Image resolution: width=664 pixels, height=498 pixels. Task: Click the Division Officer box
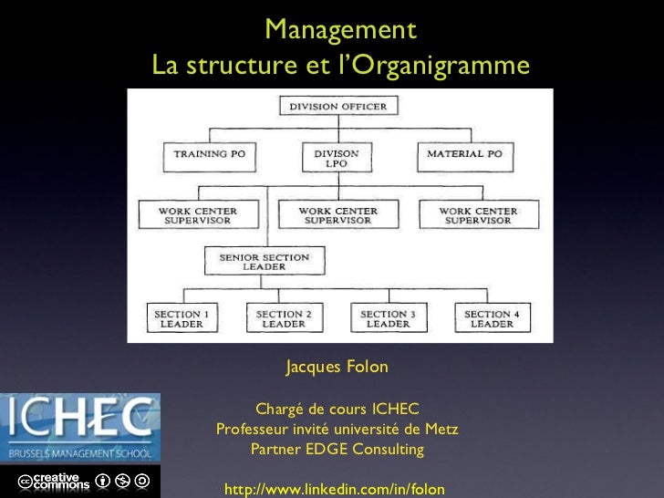pos(337,107)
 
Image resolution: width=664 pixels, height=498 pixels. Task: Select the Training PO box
pos(210,155)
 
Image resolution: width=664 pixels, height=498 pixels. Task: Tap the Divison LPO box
pos(337,158)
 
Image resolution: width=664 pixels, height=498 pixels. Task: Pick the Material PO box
pos(464,155)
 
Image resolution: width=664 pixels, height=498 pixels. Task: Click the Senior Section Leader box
pos(265,262)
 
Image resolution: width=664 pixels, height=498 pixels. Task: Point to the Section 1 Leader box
pos(182,318)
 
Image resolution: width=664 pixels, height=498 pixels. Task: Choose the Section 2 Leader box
pos(284,318)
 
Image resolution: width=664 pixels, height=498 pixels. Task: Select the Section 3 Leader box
pos(389,318)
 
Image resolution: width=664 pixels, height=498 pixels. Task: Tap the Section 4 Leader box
pos(492,318)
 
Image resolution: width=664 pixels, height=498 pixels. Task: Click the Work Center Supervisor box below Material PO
pos(478,215)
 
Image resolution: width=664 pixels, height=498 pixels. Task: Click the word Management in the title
pos(340,31)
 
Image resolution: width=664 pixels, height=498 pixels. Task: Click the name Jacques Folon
pos(337,367)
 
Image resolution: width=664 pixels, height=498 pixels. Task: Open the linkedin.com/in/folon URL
pos(334,490)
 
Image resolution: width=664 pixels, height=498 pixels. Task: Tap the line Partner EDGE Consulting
pos(337,449)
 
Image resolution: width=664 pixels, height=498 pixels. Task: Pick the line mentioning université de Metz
pos(337,429)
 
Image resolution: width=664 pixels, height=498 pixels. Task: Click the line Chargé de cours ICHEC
pos(337,409)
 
